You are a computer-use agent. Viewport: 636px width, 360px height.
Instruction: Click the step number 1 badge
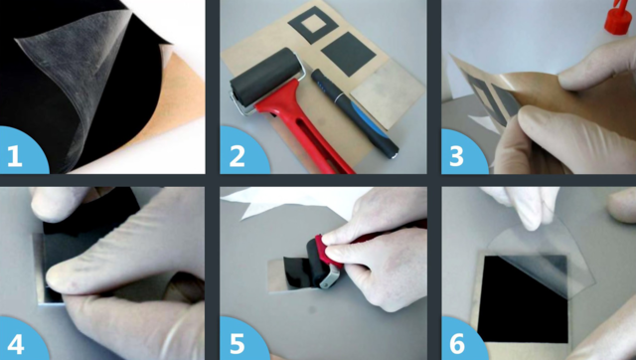21,152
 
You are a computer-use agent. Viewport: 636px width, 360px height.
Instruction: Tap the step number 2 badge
242,152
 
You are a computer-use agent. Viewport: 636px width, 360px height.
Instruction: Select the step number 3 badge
462,153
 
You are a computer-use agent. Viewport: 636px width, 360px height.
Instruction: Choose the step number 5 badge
242,340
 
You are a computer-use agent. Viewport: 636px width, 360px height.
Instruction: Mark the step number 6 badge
462,340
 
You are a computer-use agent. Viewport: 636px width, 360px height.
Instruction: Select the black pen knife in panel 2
354,112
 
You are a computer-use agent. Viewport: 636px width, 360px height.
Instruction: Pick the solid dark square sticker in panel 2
349,54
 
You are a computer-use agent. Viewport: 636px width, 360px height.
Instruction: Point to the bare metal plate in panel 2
387,93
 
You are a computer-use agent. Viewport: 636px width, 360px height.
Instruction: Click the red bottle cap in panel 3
619,17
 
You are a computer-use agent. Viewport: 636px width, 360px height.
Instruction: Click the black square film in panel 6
523,299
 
